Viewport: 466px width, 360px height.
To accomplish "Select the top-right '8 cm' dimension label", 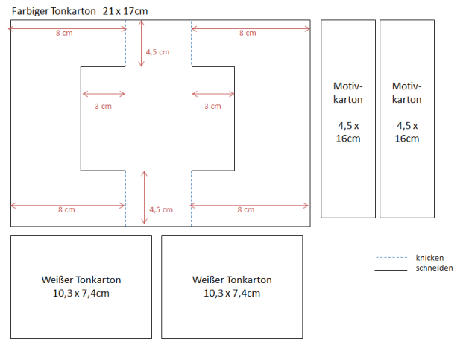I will click(x=248, y=34).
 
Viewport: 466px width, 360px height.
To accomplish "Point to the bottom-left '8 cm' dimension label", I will click(x=66, y=210).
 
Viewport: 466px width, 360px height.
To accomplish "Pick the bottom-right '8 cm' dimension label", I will click(x=246, y=210).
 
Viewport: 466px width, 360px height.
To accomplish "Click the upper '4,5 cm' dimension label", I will click(x=157, y=52).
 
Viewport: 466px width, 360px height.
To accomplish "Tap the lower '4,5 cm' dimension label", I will click(x=161, y=210).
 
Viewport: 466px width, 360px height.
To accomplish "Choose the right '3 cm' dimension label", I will click(x=212, y=107).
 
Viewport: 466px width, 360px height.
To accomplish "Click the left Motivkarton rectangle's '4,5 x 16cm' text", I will click(x=348, y=133).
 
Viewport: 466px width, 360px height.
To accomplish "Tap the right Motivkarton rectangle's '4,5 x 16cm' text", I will click(x=407, y=133).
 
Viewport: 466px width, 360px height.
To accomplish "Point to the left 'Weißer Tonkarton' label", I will click(x=81, y=280).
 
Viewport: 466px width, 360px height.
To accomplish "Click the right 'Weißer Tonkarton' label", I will click(x=232, y=280).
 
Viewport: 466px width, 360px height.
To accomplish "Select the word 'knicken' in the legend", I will click(x=429, y=258).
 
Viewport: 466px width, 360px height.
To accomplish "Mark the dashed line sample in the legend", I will click(x=391, y=258).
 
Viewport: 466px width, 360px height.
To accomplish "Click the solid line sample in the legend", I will click(x=391, y=268).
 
